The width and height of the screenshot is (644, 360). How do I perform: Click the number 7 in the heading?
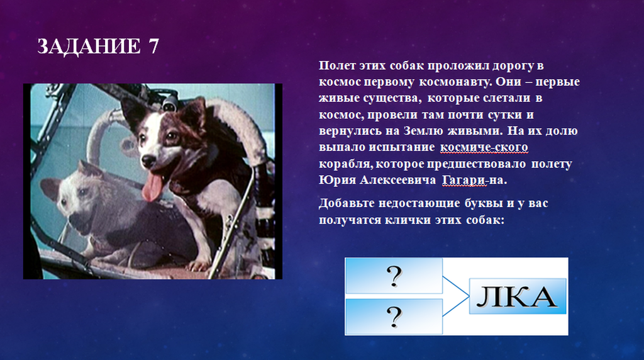coord(152,46)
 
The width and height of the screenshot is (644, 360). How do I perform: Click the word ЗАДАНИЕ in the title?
coord(88,46)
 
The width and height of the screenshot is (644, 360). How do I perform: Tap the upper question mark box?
coord(394,276)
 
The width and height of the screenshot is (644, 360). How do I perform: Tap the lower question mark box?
coord(394,317)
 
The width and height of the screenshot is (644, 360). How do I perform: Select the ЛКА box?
coord(518,296)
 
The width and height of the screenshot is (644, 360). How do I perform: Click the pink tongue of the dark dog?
coord(152,187)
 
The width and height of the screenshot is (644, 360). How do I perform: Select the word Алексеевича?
coord(397,180)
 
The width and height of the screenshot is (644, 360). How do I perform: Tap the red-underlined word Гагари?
coord(464,180)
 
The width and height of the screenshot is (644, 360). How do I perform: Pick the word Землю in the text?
coord(423,131)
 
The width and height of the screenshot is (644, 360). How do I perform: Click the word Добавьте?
coord(347,203)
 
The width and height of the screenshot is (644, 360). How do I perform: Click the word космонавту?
coord(455,82)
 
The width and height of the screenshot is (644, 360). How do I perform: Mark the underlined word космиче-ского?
coord(484,147)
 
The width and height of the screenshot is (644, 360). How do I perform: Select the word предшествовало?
coord(476,164)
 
